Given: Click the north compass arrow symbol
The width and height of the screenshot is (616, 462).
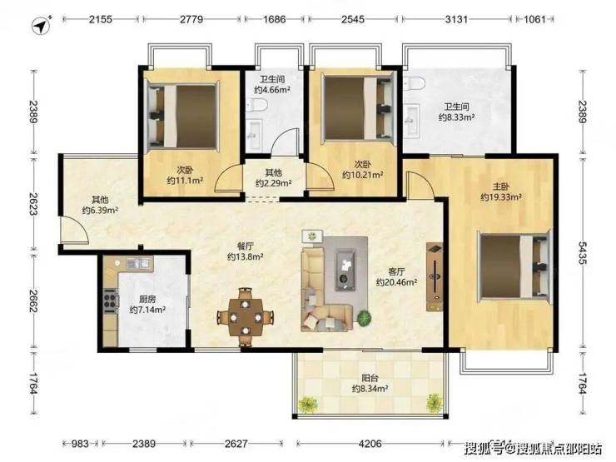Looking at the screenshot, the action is point(42,25).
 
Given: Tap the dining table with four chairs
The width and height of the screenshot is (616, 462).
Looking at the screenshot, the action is point(246,317).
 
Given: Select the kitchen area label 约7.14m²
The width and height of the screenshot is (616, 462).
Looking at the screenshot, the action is point(147,310).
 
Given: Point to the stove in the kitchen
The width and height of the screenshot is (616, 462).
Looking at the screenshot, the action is point(111,301).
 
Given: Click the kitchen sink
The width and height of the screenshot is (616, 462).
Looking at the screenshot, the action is point(139,263).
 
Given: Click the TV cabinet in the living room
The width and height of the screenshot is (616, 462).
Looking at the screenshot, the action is point(435,276).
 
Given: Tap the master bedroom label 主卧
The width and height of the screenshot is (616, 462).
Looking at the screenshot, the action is point(501,186).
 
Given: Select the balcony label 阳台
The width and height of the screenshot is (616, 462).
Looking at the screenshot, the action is point(370,378).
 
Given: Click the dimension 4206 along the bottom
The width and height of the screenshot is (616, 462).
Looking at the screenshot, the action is point(370,444).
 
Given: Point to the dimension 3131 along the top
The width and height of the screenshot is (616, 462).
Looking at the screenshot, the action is point(456,19).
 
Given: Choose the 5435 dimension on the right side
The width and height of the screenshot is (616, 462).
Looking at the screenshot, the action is point(582,253).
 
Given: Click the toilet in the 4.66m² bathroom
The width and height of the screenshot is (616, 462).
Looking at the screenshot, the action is point(258,105).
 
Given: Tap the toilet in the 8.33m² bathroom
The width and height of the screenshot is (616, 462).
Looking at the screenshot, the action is point(415,83).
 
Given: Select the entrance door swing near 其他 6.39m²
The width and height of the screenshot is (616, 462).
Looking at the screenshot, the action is point(75,230).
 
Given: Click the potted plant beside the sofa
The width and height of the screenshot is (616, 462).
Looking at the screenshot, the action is point(365,318).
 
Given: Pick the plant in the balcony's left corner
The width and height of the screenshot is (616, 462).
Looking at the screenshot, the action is point(308,405).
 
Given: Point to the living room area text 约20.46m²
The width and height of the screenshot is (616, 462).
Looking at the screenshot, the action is point(396,282).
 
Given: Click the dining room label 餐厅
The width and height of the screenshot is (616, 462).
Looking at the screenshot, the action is point(245,246).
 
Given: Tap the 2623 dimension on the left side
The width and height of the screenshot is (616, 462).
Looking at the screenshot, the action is point(33,203).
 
